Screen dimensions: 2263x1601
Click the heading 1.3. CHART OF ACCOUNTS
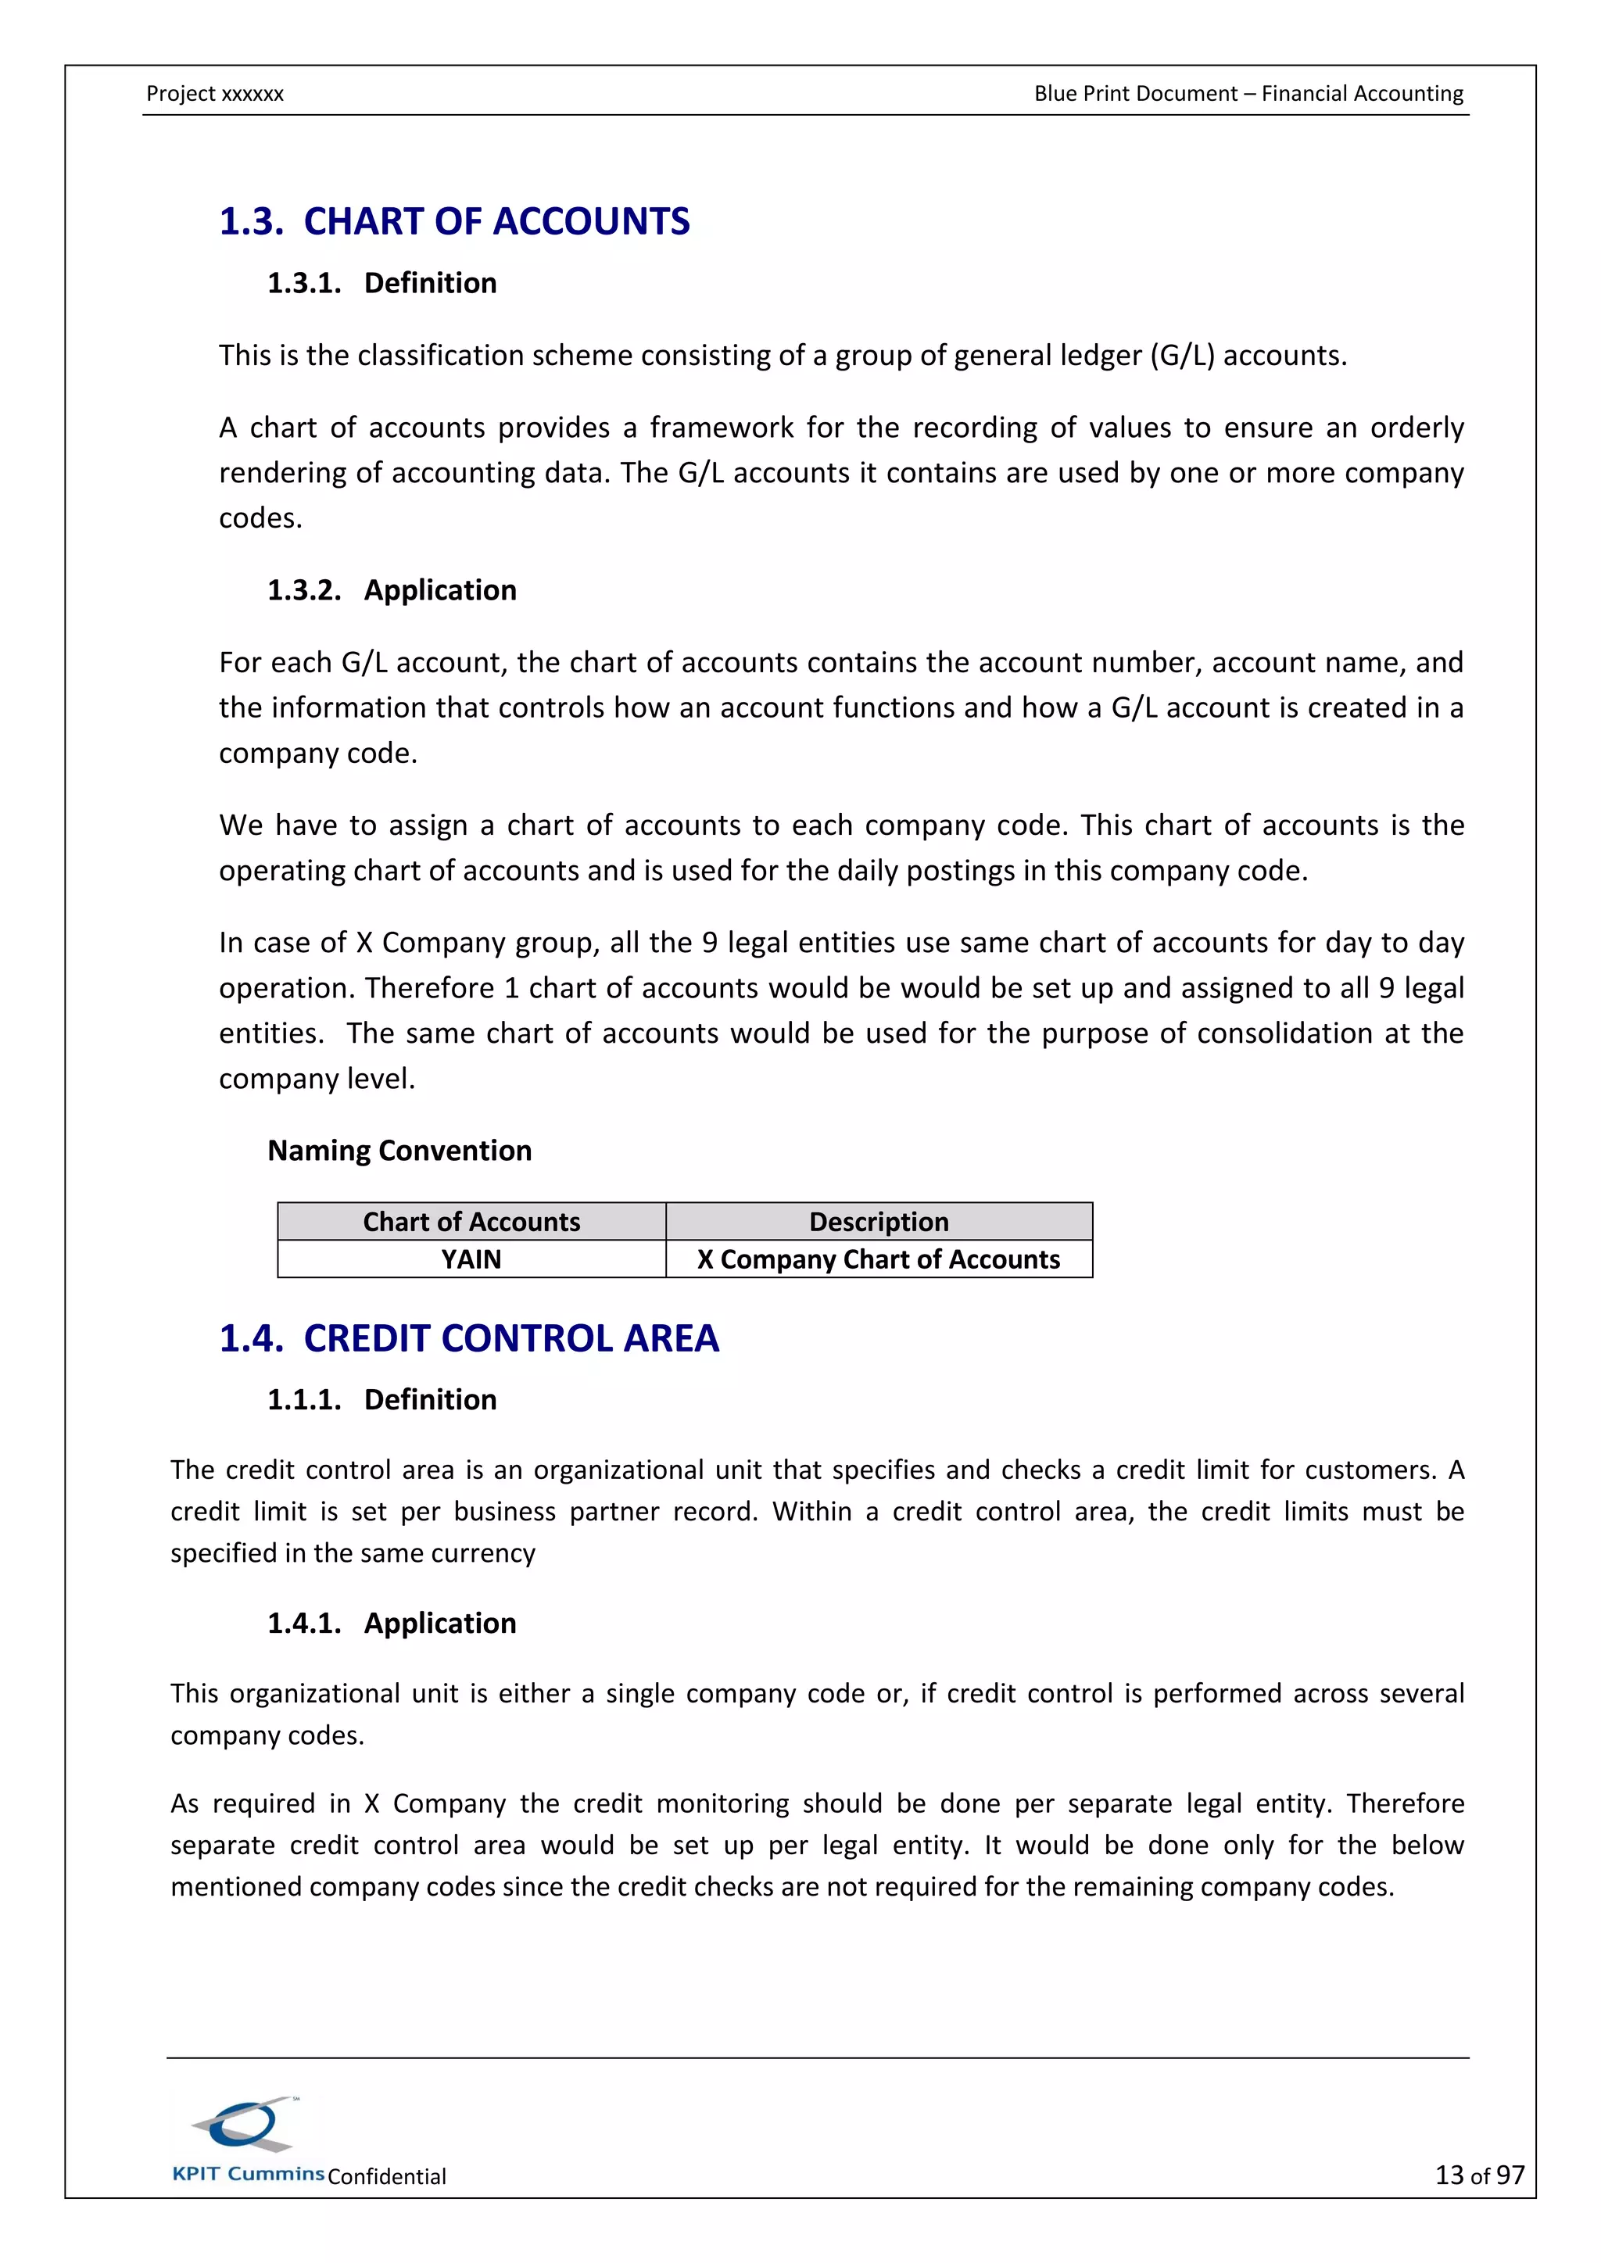453,222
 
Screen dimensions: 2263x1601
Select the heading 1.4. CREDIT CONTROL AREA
468,1338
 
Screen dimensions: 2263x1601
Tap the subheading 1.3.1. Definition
381,284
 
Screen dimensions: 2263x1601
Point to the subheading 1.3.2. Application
392,590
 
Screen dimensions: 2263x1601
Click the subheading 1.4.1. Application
392,1624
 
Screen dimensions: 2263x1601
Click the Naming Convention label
399,1151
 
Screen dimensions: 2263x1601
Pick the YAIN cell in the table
471,1259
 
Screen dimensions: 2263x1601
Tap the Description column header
879,1223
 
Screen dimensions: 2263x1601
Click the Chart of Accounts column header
471,1223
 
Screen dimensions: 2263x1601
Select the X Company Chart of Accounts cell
879,1259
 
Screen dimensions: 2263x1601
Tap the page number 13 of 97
1479,2175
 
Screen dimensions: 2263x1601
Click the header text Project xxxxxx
215,94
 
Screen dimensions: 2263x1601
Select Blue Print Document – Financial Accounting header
1248,94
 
